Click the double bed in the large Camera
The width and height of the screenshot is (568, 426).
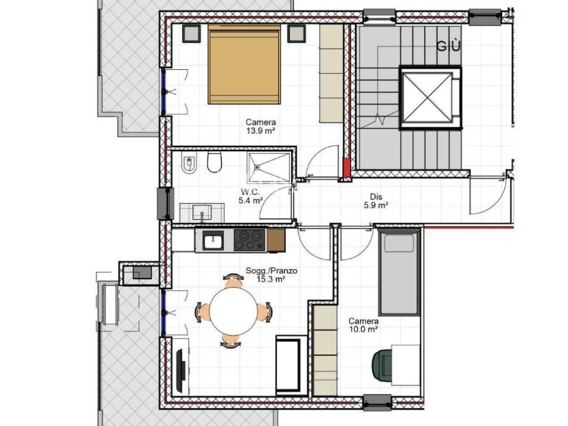pos(245,64)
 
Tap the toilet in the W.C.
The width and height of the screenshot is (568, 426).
pos(215,162)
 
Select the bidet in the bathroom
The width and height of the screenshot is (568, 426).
pos(189,165)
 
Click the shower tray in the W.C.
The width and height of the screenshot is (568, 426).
pos(269,167)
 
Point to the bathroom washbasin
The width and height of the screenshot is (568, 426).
pos(202,212)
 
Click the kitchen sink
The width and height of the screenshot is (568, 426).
pos(212,240)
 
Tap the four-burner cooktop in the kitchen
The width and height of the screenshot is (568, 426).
pos(250,240)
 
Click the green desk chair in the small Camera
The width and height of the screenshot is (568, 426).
pos(383,366)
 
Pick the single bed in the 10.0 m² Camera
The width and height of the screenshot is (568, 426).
pos(399,272)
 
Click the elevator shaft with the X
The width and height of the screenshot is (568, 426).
pos(430,97)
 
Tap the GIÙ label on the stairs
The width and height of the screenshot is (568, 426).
pos(448,46)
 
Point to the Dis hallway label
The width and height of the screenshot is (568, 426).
pos(376,197)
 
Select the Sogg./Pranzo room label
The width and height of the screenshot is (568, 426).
pos(271,271)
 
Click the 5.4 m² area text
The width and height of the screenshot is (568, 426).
pos(251,200)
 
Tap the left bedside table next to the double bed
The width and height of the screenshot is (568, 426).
pos(191,33)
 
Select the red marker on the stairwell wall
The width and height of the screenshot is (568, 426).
pos(347,168)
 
